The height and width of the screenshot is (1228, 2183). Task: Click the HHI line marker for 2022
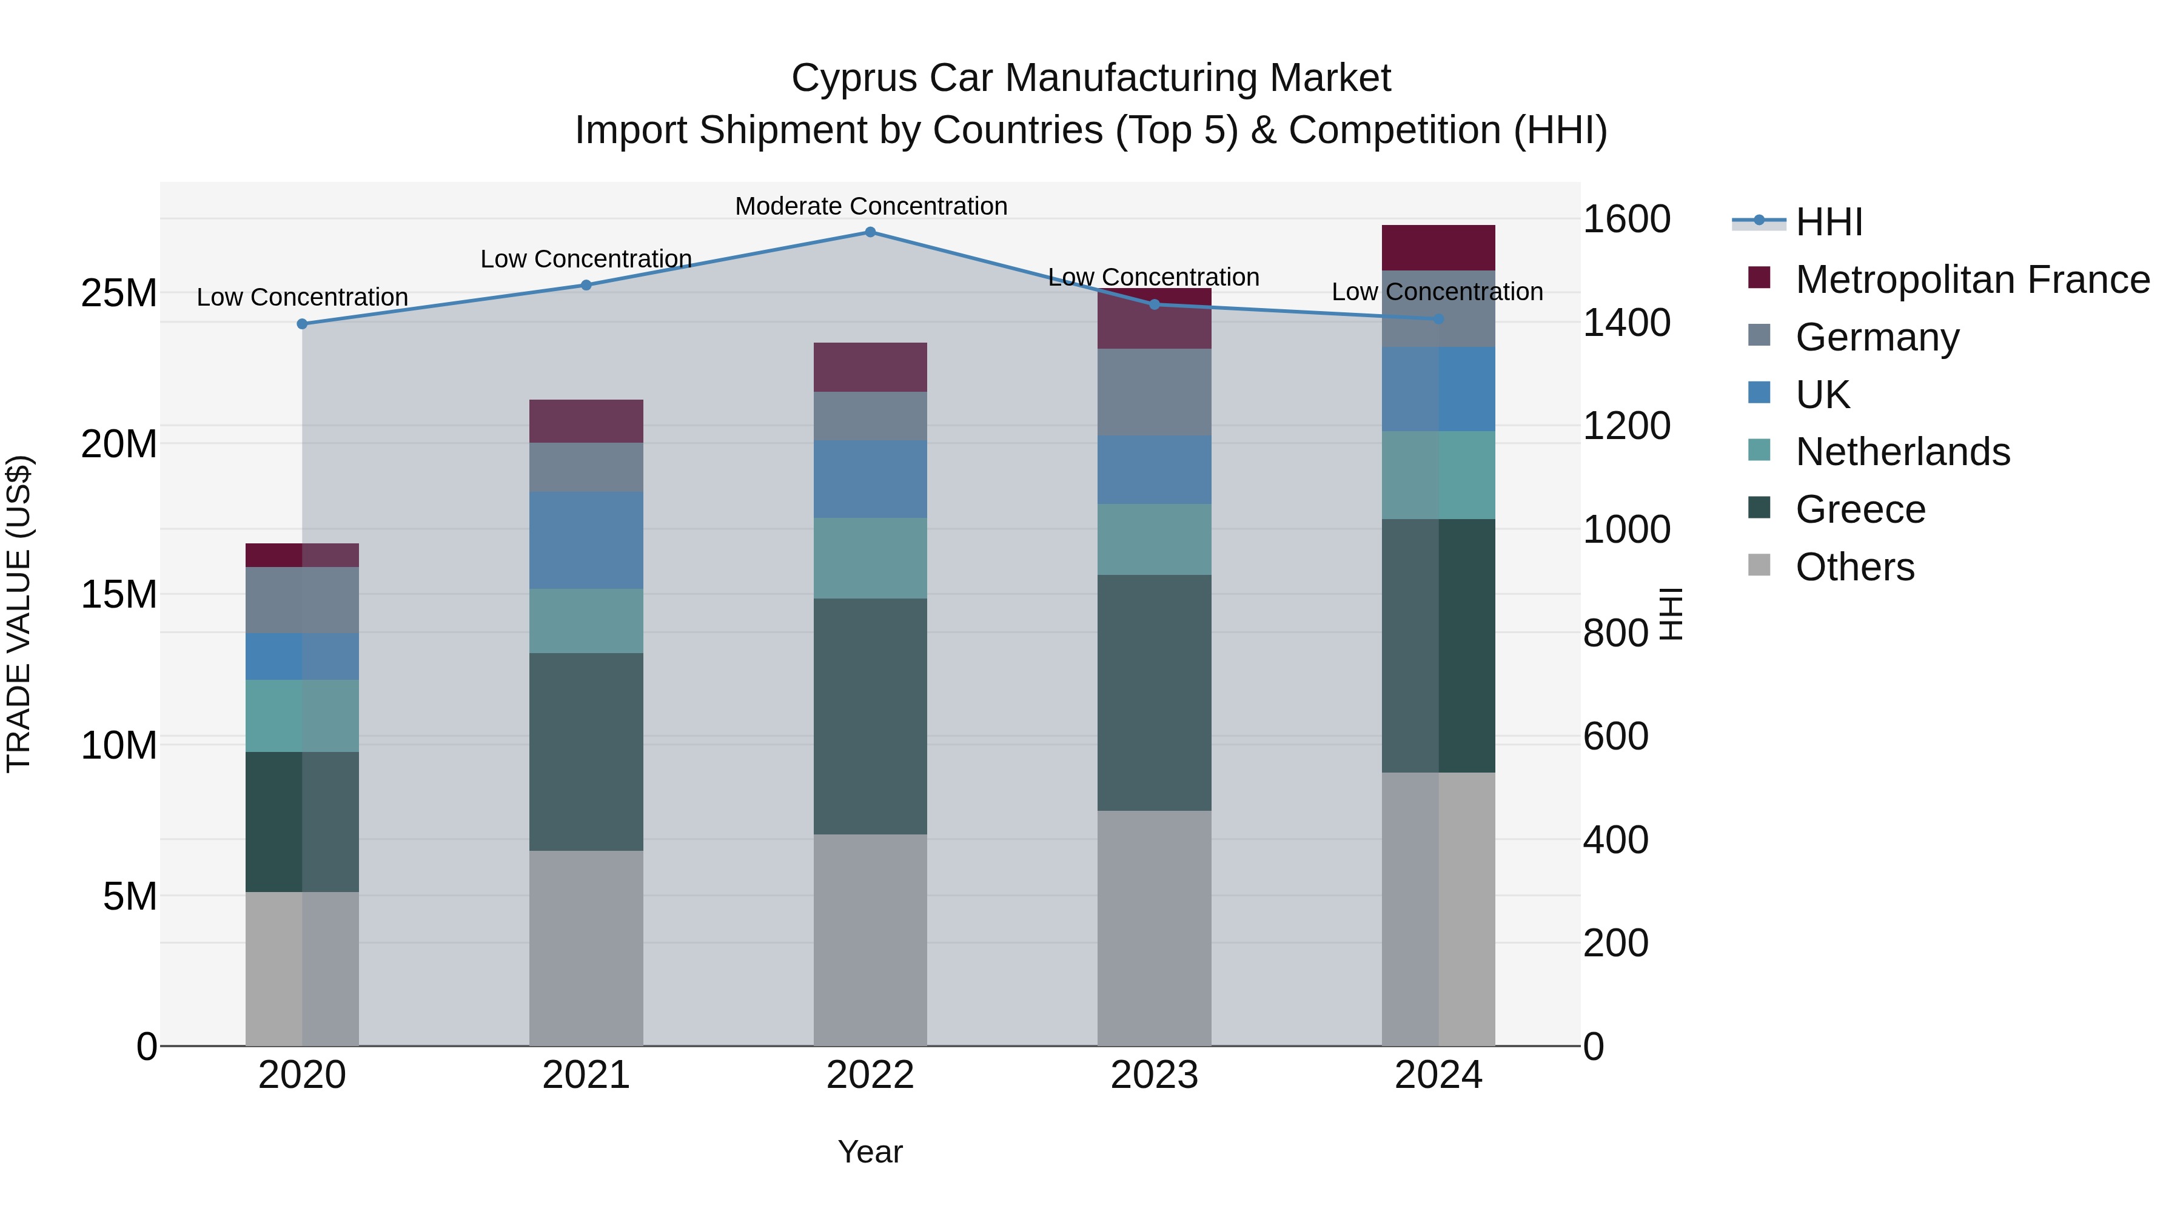pos(870,232)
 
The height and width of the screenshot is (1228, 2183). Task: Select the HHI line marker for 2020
pos(303,324)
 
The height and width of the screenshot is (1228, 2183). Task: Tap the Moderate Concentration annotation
pos(870,206)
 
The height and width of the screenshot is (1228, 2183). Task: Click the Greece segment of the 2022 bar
pos(870,716)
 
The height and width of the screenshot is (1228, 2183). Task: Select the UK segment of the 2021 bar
pos(586,541)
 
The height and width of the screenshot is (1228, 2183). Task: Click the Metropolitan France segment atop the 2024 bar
pos(1438,247)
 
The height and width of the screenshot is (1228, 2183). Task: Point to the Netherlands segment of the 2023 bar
pos(1154,540)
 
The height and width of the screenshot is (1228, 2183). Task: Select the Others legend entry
pos(1854,567)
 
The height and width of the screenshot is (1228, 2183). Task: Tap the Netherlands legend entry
pos(1902,452)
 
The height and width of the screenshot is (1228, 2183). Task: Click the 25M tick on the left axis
pos(119,294)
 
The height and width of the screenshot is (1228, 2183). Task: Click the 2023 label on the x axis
pos(1154,1075)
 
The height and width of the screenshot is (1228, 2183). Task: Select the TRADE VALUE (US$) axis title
pos(19,614)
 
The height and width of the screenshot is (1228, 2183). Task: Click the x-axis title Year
pos(870,1152)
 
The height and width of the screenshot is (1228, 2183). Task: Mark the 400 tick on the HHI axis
pos(1615,840)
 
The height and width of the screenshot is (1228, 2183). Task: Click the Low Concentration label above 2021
pos(586,258)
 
